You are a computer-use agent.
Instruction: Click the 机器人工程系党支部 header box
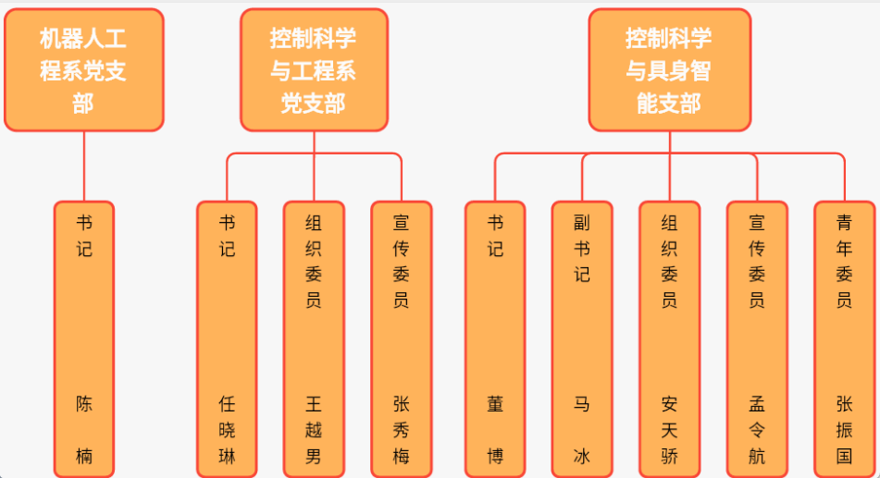83,70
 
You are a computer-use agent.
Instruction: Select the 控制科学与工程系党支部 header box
314,70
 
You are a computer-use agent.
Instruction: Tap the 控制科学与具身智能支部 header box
669,70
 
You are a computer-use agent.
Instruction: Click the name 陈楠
84,430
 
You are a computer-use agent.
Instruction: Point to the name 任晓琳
227,430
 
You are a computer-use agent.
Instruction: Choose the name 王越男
314,430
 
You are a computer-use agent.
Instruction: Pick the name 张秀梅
401,430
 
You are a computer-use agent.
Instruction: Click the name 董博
495,430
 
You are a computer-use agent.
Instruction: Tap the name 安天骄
669,430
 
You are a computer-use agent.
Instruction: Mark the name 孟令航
756,430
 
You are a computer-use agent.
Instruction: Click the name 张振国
844,430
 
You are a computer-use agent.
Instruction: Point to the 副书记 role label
581,249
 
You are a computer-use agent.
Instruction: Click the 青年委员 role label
844,262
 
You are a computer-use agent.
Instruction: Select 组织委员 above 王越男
314,262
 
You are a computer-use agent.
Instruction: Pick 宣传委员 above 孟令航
756,262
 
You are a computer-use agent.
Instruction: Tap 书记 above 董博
495,236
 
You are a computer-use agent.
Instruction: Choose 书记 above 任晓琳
227,236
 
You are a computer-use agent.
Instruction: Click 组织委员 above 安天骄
669,262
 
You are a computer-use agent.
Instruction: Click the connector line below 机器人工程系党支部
84,166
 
